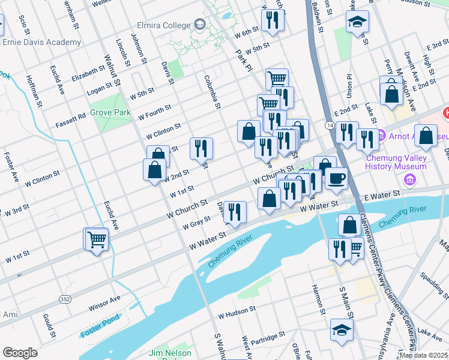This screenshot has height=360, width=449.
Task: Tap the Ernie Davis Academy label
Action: [41, 42]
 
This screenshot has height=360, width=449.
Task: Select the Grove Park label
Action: [110, 112]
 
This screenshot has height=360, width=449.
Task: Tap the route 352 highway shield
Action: [65, 299]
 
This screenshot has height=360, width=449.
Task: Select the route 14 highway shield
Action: [330, 124]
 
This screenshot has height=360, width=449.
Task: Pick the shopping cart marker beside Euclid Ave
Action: [96, 239]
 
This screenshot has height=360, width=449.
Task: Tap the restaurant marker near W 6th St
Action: [273, 21]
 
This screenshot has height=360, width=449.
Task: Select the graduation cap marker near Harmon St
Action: [342, 329]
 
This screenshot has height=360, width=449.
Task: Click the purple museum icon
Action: [410, 179]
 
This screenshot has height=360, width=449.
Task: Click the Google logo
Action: [20, 353]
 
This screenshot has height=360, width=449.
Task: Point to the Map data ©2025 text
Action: [423, 355]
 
